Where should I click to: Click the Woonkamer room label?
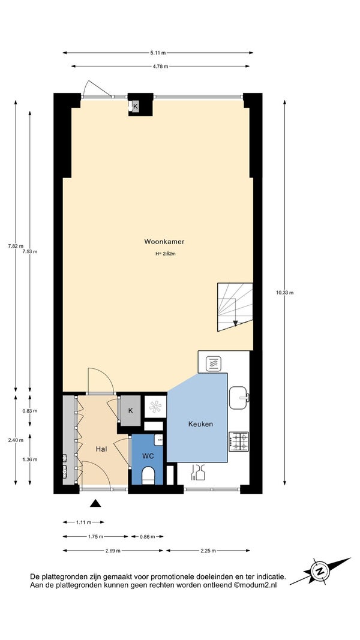coord(164,242)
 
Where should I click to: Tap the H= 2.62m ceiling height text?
coord(166,254)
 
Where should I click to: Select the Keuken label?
coord(200,424)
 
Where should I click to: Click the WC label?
coord(148,456)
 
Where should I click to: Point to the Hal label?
coord(101,449)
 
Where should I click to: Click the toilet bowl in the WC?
coord(148,476)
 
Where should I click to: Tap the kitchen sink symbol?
coord(239,398)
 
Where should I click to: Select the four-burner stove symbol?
coord(239,441)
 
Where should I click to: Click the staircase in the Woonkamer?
coord(235,307)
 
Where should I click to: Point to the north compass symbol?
coord(320,570)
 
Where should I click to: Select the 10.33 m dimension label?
coord(284,292)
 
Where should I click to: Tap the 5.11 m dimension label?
coord(158,53)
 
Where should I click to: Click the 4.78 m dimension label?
coord(160,67)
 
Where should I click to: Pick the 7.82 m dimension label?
coord(16,246)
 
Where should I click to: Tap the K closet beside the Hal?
coord(131,411)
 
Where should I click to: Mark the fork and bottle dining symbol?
coord(197,473)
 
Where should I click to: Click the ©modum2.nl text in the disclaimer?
coord(255,585)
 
